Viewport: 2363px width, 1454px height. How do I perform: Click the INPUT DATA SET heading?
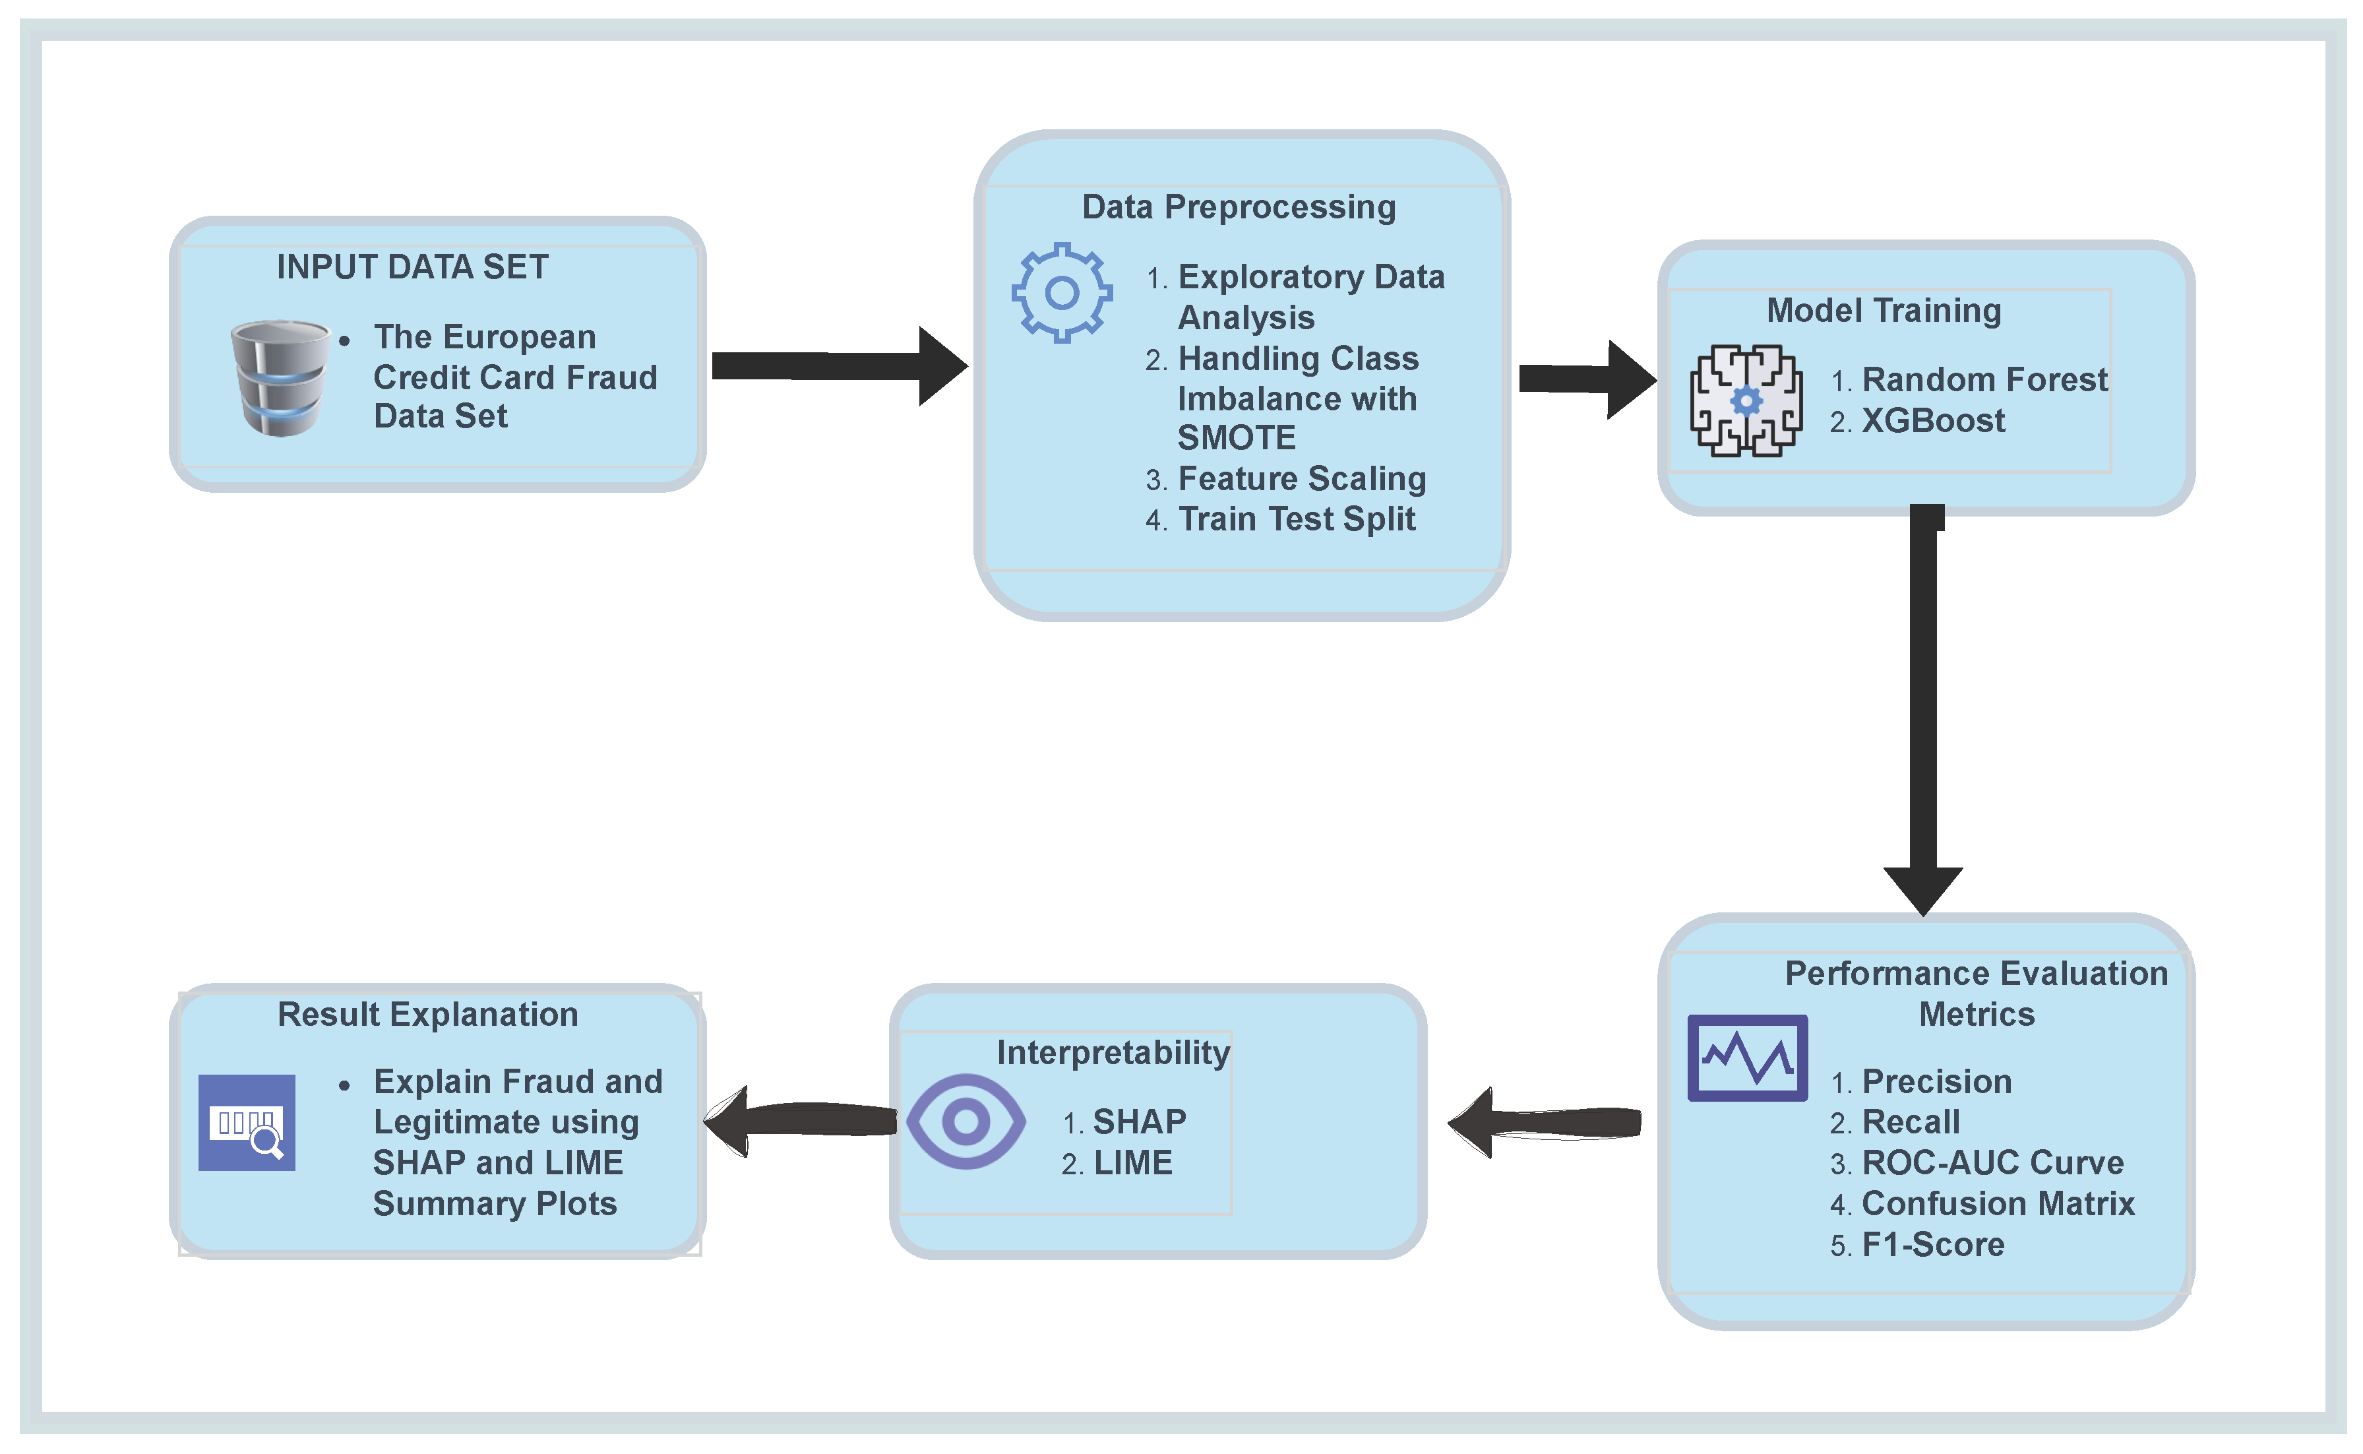tap(412, 267)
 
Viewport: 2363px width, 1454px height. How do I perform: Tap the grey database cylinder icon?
tap(280, 378)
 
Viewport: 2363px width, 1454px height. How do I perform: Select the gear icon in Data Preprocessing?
tap(1060, 292)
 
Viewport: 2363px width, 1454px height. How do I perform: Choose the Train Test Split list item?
tap(1296, 519)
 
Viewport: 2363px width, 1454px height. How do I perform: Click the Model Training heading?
tap(1884, 311)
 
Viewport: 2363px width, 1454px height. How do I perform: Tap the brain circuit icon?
tap(1745, 400)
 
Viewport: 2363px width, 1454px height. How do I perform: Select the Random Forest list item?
tap(1983, 380)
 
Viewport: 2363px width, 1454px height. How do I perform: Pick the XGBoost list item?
tap(1932, 421)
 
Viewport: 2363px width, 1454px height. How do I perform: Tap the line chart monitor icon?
tap(1747, 1057)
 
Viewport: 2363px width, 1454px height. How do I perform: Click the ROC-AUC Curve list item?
tap(1992, 1162)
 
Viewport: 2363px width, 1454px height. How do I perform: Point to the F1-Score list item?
tap(1932, 1244)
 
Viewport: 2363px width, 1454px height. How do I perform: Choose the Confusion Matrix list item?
tap(1997, 1204)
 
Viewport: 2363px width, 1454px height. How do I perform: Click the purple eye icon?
tap(966, 1122)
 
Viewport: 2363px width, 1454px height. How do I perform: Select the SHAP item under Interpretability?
tap(1138, 1122)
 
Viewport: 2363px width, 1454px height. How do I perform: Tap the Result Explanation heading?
tap(428, 1015)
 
